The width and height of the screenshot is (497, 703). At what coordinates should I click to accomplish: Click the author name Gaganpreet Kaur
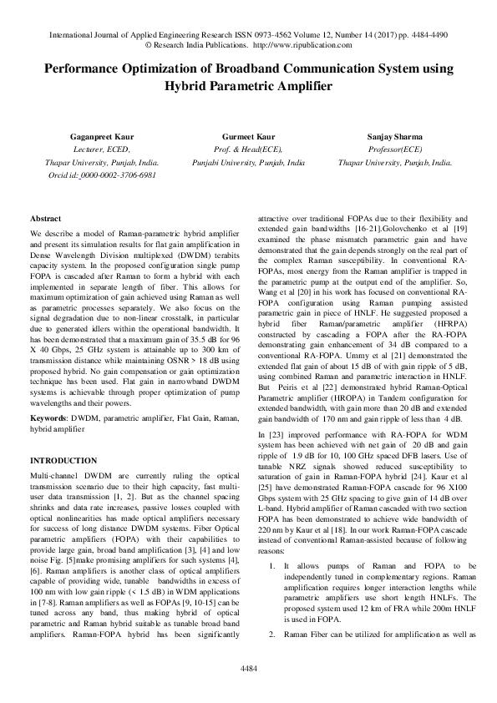pos(64,134)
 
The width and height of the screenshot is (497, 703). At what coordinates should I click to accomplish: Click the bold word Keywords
pos(48,417)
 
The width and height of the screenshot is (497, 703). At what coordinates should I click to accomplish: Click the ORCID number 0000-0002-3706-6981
pos(118,175)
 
